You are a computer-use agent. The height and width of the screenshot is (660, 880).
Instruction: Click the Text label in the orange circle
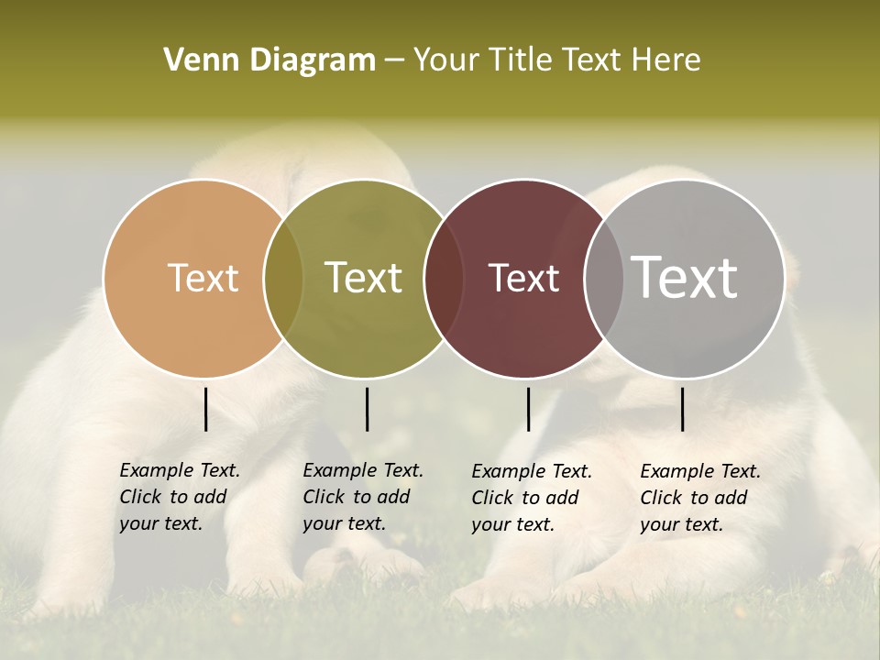coord(203,278)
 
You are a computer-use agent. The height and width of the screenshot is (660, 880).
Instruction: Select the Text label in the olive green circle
coord(363,278)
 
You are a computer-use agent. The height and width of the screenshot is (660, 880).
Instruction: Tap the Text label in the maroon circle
coord(523,278)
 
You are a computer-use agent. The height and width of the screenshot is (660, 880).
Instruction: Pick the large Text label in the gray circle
coord(685,277)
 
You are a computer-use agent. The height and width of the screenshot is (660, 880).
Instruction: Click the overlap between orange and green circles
coord(283,278)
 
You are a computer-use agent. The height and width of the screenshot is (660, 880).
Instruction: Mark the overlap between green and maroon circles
coord(444,278)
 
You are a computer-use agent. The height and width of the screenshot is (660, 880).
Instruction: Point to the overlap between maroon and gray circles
coord(604,278)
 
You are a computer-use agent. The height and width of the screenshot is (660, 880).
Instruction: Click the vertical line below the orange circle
coord(205,409)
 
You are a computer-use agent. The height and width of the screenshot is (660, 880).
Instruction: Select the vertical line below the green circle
coord(367,409)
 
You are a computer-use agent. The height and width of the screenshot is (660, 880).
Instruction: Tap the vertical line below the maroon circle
coord(528,409)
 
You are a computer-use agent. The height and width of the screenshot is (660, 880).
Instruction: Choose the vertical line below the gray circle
coord(682,409)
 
